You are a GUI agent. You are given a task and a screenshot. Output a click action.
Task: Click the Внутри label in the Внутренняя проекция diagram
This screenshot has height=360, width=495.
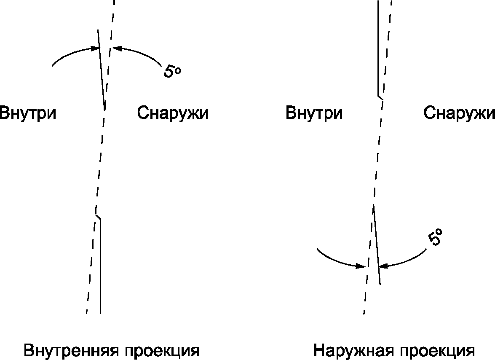[27, 114]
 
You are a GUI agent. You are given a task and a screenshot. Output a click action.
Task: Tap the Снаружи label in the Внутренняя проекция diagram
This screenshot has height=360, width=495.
[173, 114]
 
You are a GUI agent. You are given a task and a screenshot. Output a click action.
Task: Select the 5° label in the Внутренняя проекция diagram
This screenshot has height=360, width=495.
[172, 71]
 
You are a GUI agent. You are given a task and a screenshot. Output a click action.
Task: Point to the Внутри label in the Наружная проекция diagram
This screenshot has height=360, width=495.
[314, 114]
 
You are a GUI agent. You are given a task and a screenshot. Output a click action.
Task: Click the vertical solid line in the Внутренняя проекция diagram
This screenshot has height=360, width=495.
[100, 266]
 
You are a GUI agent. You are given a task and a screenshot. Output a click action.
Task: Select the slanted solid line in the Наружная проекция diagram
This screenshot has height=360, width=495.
[377, 244]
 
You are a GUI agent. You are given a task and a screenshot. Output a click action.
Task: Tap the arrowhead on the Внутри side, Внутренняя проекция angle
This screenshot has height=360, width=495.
[95, 49]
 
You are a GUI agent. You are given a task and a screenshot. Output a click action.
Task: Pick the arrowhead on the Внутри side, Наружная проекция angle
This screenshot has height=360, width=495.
[361, 266]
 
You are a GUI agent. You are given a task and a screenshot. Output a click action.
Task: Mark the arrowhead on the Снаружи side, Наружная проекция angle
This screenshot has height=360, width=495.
[383, 266]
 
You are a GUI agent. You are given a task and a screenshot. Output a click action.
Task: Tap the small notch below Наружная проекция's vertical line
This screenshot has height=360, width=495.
[380, 97]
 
